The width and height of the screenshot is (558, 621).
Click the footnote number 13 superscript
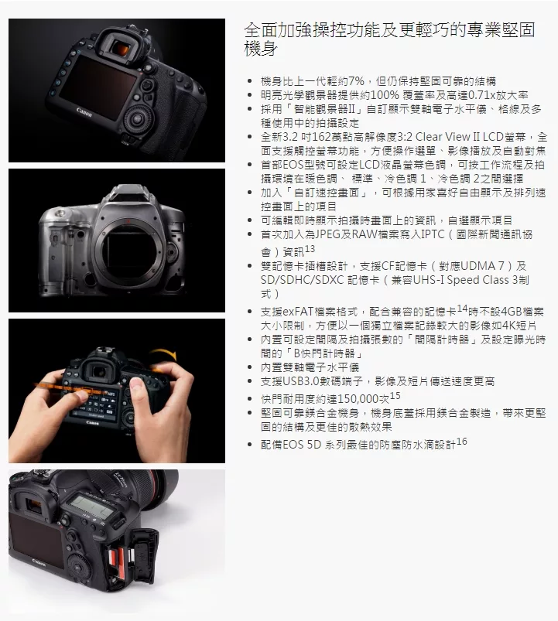310,249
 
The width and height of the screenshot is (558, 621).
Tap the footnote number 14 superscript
462,308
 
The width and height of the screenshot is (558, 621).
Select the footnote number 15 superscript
395,396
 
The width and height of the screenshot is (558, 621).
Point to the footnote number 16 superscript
462,441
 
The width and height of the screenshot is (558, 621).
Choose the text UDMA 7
482,266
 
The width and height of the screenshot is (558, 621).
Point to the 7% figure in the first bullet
356,81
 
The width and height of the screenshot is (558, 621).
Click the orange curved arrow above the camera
163,353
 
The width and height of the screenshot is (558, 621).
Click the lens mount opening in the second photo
127,242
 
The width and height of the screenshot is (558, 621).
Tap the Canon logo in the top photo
84,112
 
